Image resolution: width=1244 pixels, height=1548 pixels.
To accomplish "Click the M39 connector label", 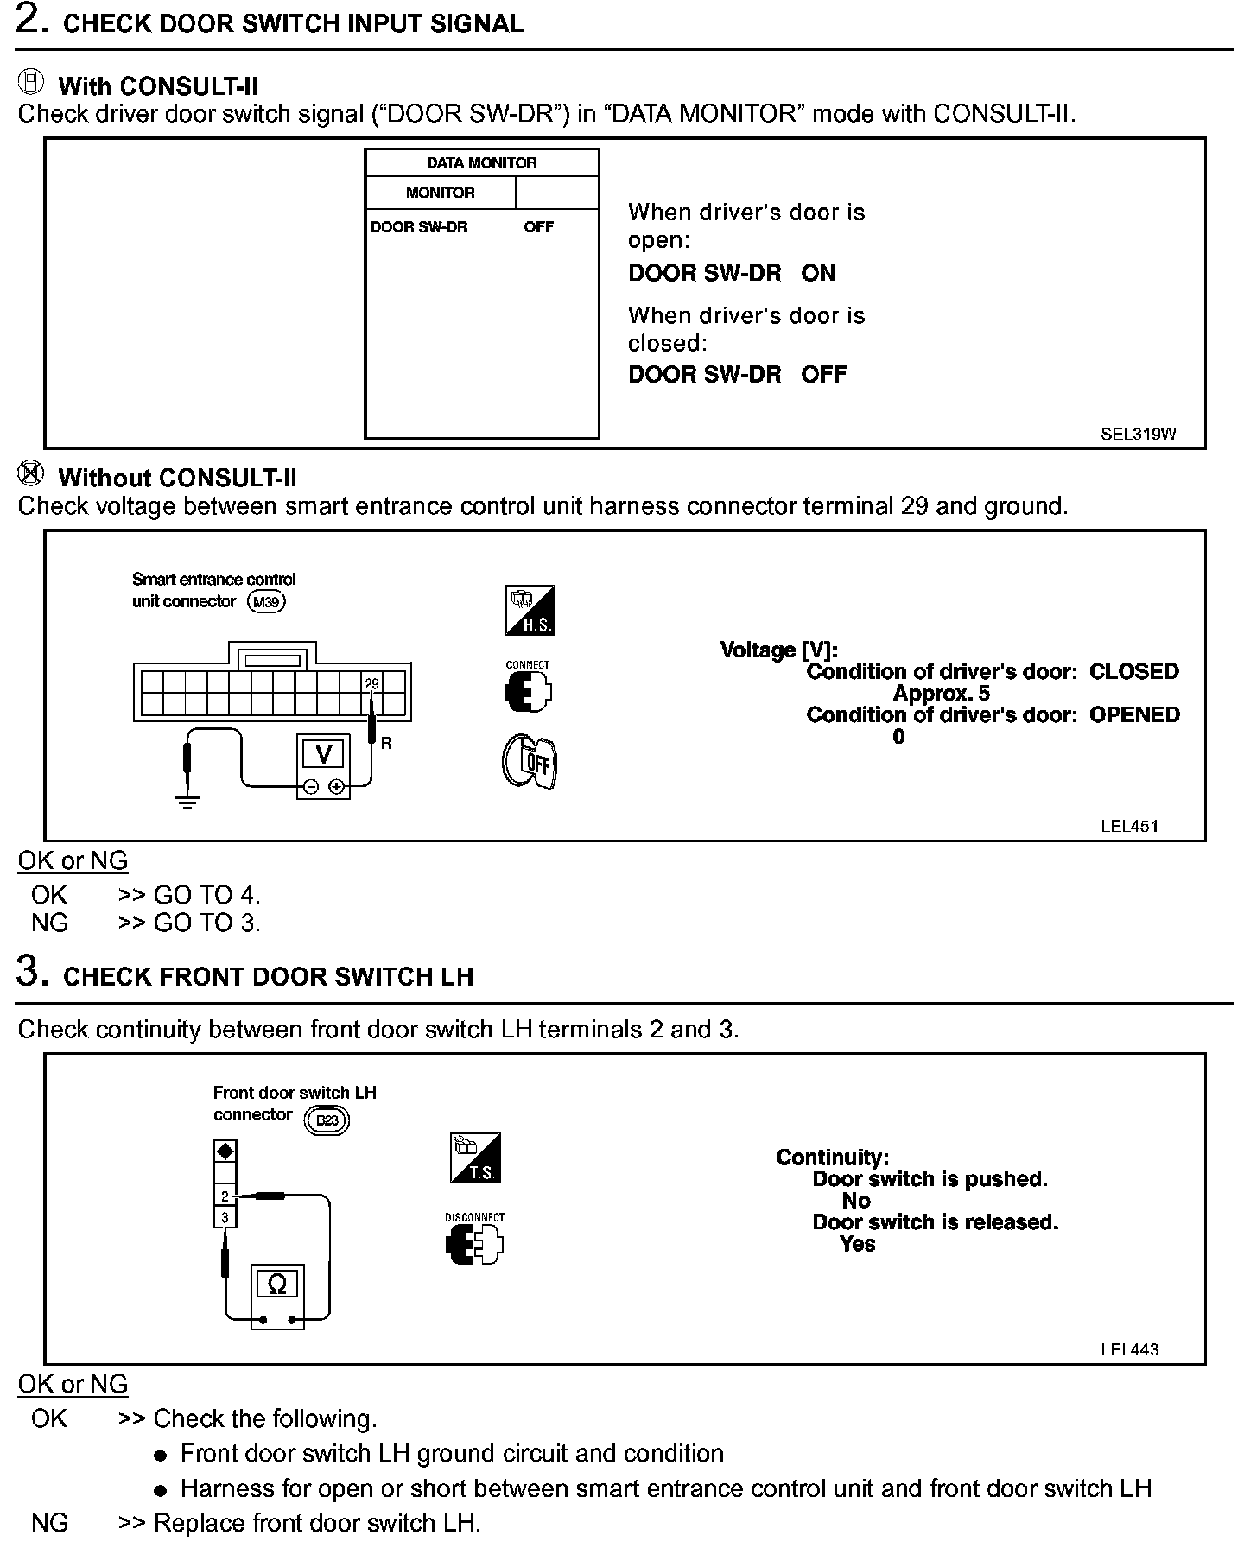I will click(x=266, y=602).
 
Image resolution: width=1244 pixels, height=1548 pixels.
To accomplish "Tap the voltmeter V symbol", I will click(x=323, y=755).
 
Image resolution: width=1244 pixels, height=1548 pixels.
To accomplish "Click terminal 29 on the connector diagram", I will click(x=371, y=683).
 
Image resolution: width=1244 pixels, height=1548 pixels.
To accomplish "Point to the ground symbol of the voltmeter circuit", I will click(x=187, y=801).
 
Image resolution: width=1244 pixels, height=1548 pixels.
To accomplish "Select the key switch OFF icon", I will click(x=529, y=761).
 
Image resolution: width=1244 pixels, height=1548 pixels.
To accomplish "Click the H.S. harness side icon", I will click(x=530, y=611).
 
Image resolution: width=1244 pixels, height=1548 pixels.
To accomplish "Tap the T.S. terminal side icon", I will click(x=475, y=1158).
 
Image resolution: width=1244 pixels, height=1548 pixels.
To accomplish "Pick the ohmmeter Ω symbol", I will click(x=277, y=1285).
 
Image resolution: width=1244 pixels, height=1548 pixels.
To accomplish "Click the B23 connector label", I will click(x=327, y=1120).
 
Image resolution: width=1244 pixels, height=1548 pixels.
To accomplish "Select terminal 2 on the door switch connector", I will click(x=225, y=1196).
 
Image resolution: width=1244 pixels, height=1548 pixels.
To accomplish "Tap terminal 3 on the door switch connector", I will click(x=225, y=1217).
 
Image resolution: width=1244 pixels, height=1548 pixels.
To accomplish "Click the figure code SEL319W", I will click(x=1138, y=435).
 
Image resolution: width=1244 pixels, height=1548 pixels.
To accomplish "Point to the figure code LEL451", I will click(x=1129, y=826).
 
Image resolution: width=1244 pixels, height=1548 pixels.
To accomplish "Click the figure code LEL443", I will click(x=1129, y=1349).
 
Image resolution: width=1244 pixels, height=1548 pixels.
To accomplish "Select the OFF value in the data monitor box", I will click(x=538, y=227).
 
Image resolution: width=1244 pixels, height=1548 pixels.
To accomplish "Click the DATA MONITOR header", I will click(x=481, y=163).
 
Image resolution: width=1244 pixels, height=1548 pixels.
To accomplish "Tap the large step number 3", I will click(x=30, y=973).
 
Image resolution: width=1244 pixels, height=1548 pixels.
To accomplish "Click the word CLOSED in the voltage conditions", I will click(x=1133, y=672).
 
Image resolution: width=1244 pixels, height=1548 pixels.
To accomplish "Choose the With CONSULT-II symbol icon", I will click(x=31, y=83).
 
